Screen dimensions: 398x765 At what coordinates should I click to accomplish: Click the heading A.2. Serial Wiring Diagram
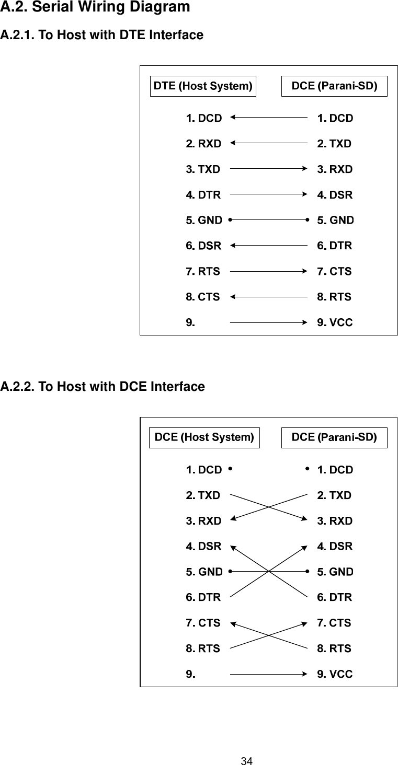[95, 8]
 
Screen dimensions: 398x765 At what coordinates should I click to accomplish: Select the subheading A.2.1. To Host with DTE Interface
[101, 36]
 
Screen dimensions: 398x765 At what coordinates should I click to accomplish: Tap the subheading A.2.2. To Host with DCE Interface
[103, 387]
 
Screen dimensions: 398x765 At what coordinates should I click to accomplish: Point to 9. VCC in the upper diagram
[335, 323]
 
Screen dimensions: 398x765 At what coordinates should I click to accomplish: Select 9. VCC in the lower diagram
[335, 674]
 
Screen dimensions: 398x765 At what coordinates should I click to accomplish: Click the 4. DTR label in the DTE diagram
[203, 195]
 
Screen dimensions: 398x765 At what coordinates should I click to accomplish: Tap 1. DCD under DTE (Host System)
[203, 118]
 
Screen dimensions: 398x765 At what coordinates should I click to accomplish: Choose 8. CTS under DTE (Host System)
[202, 297]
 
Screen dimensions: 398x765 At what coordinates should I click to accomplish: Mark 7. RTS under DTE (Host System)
[203, 272]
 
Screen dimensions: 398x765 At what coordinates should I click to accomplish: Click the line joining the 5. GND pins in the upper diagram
[268, 220]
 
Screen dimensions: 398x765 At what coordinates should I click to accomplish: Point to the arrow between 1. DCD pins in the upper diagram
[268, 118]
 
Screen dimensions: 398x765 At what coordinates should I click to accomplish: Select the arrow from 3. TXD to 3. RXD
[268, 169]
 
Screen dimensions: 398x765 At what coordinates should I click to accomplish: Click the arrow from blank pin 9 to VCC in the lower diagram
[268, 674]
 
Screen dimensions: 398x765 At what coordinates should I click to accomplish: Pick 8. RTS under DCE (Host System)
[203, 648]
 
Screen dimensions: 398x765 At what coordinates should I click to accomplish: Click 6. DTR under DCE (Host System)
[203, 597]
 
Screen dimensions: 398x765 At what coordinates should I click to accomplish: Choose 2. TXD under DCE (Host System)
[203, 495]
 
